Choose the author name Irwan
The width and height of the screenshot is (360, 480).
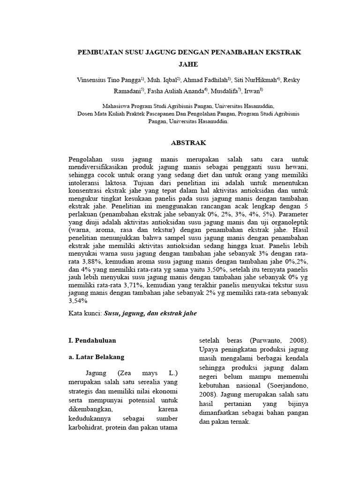pyautogui.click(x=253, y=91)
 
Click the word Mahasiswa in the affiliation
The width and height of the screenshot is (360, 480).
pyautogui.click(x=121, y=106)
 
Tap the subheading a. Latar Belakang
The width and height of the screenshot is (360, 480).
pyautogui.click(x=96, y=357)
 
